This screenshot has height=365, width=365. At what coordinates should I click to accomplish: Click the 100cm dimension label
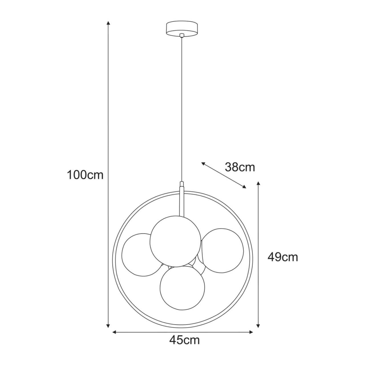click(x=85, y=175)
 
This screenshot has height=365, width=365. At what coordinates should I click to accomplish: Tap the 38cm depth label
click(x=240, y=167)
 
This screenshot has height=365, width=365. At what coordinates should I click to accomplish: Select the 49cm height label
click(x=283, y=257)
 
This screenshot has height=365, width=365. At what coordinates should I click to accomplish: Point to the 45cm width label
click(x=184, y=340)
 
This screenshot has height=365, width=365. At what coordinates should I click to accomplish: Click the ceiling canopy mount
click(x=182, y=28)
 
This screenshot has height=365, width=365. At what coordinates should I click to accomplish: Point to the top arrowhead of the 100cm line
click(x=108, y=23)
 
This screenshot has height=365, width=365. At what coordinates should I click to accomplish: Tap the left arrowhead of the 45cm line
click(x=114, y=332)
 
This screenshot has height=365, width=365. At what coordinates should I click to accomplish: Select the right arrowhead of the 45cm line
click(x=252, y=332)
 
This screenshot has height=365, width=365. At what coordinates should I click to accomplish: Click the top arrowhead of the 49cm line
click(x=258, y=183)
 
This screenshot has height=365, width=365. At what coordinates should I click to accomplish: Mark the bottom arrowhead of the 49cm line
click(x=258, y=326)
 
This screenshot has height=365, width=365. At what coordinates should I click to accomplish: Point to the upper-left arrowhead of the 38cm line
click(x=203, y=163)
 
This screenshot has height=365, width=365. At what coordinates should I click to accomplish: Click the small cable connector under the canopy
click(x=182, y=35)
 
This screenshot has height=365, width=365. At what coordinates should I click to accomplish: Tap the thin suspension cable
click(x=182, y=108)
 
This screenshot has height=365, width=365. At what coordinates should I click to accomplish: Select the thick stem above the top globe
click(x=181, y=200)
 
